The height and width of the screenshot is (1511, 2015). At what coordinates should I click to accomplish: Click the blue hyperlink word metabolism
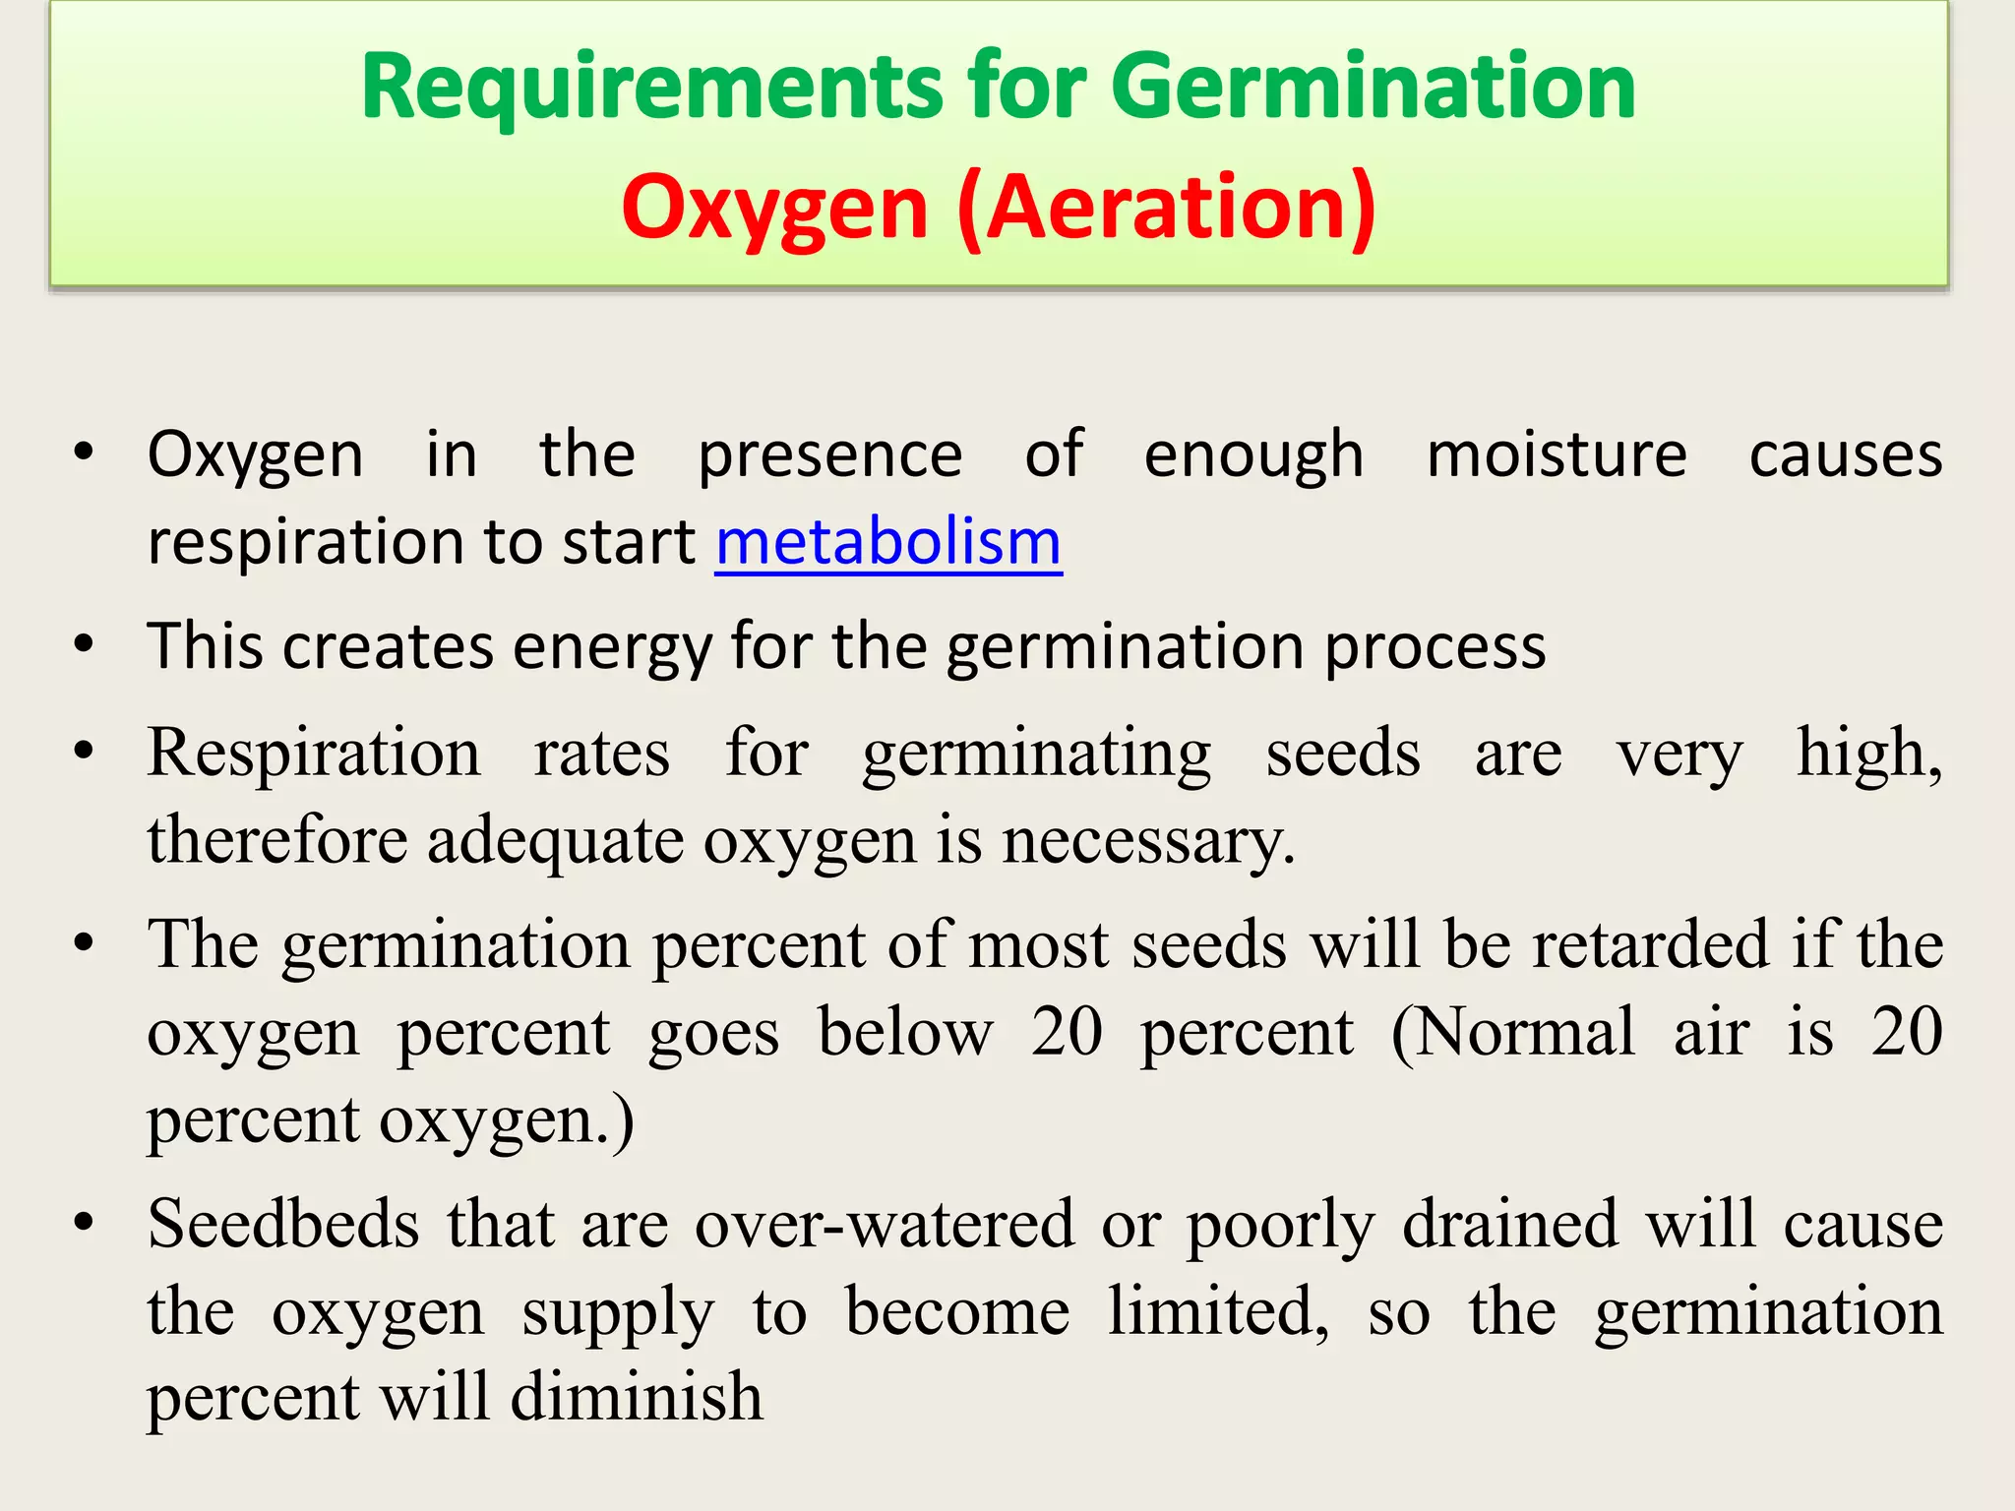(888, 542)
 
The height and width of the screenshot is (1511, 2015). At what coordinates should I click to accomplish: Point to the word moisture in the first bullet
(1557, 454)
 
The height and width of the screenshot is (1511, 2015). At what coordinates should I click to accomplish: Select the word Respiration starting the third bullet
(314, 754)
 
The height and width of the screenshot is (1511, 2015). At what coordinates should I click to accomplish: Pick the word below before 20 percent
(906, 1033)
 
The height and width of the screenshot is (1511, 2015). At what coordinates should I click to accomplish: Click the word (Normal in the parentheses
(1513, 1033)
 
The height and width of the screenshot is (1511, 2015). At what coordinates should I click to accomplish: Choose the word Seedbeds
(284, 1225)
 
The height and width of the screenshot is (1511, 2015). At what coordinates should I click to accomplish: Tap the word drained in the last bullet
(1509, 1225)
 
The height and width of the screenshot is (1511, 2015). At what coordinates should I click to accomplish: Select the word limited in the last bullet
(1218, 1312)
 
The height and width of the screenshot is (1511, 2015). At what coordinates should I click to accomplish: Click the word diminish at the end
(637, 1398)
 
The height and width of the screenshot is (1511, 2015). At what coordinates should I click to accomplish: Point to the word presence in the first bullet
(829, 454)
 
